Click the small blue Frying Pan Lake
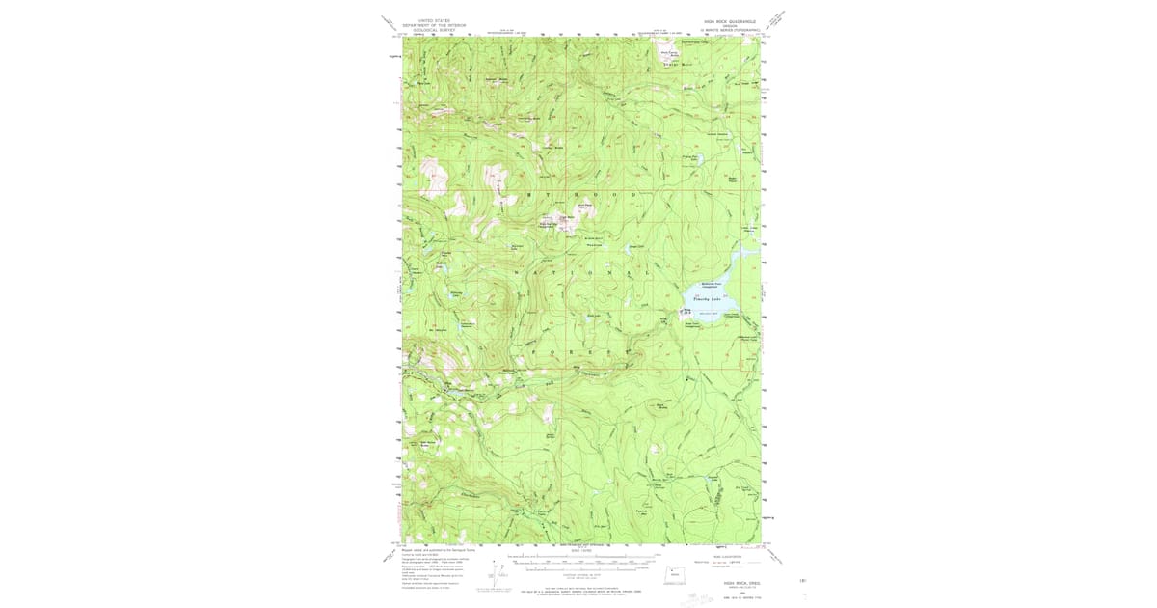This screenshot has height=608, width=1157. [x=688, y=161]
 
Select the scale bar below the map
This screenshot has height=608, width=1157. [x=578, y=563]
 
